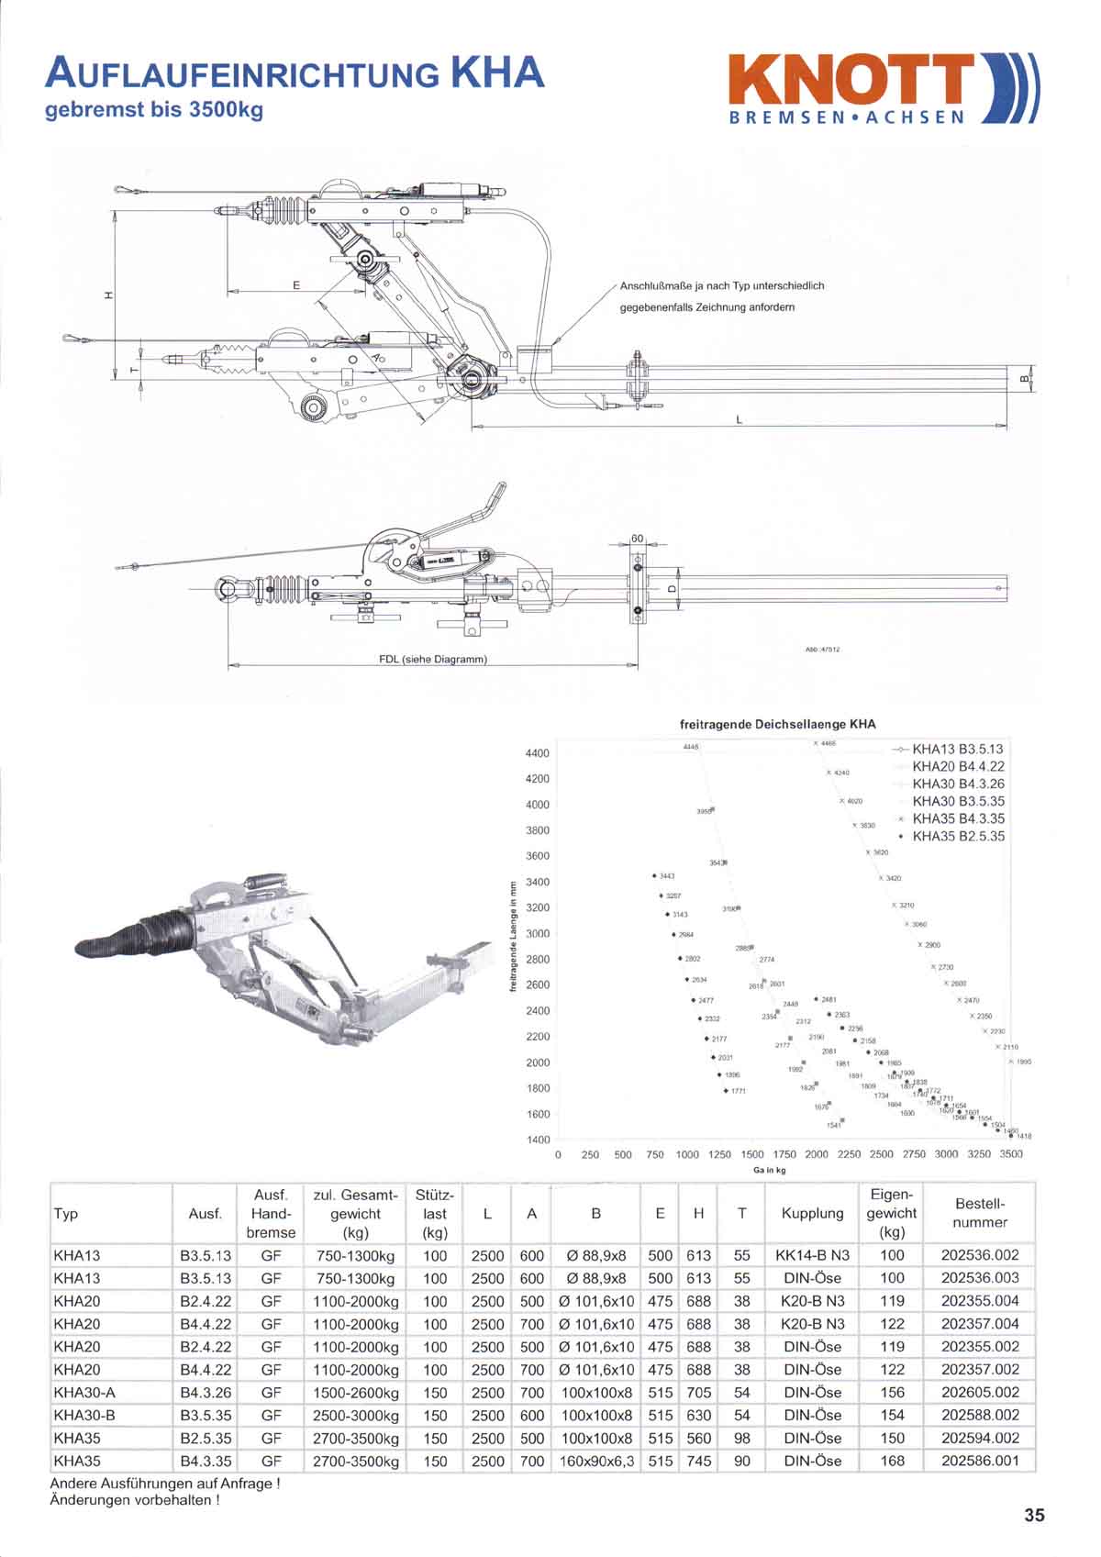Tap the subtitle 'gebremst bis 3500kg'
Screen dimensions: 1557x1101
(x=154, y=110)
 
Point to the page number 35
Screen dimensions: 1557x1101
(x=1034, y=1515)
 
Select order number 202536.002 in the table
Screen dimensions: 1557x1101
(x=980, y=1255)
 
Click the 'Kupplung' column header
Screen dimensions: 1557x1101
(x=812, y=1214)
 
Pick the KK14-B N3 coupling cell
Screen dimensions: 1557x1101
(x=812, y=1255)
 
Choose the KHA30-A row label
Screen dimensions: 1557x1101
(x=84, y=1393)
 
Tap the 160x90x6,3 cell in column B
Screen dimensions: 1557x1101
(x=596, y=1461)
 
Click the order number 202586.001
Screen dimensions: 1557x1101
(x=980, y=1461)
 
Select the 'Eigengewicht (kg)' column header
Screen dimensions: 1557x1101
(x=891, y=1213)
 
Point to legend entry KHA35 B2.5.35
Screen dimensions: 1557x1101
(x=958, y=836)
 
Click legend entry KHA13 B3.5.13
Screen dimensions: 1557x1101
(x=958, y=750)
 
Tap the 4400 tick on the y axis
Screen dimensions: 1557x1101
(x=537, y=753)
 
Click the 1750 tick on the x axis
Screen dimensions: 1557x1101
(x=784, y=1154)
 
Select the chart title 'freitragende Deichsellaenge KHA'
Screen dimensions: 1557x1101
(x=777, y=724)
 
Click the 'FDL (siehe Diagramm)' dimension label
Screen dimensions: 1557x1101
(x=433, y=659)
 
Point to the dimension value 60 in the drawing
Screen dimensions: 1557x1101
(x=638, y=538)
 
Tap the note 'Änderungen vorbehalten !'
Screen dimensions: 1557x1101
(x=135, y=1501)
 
